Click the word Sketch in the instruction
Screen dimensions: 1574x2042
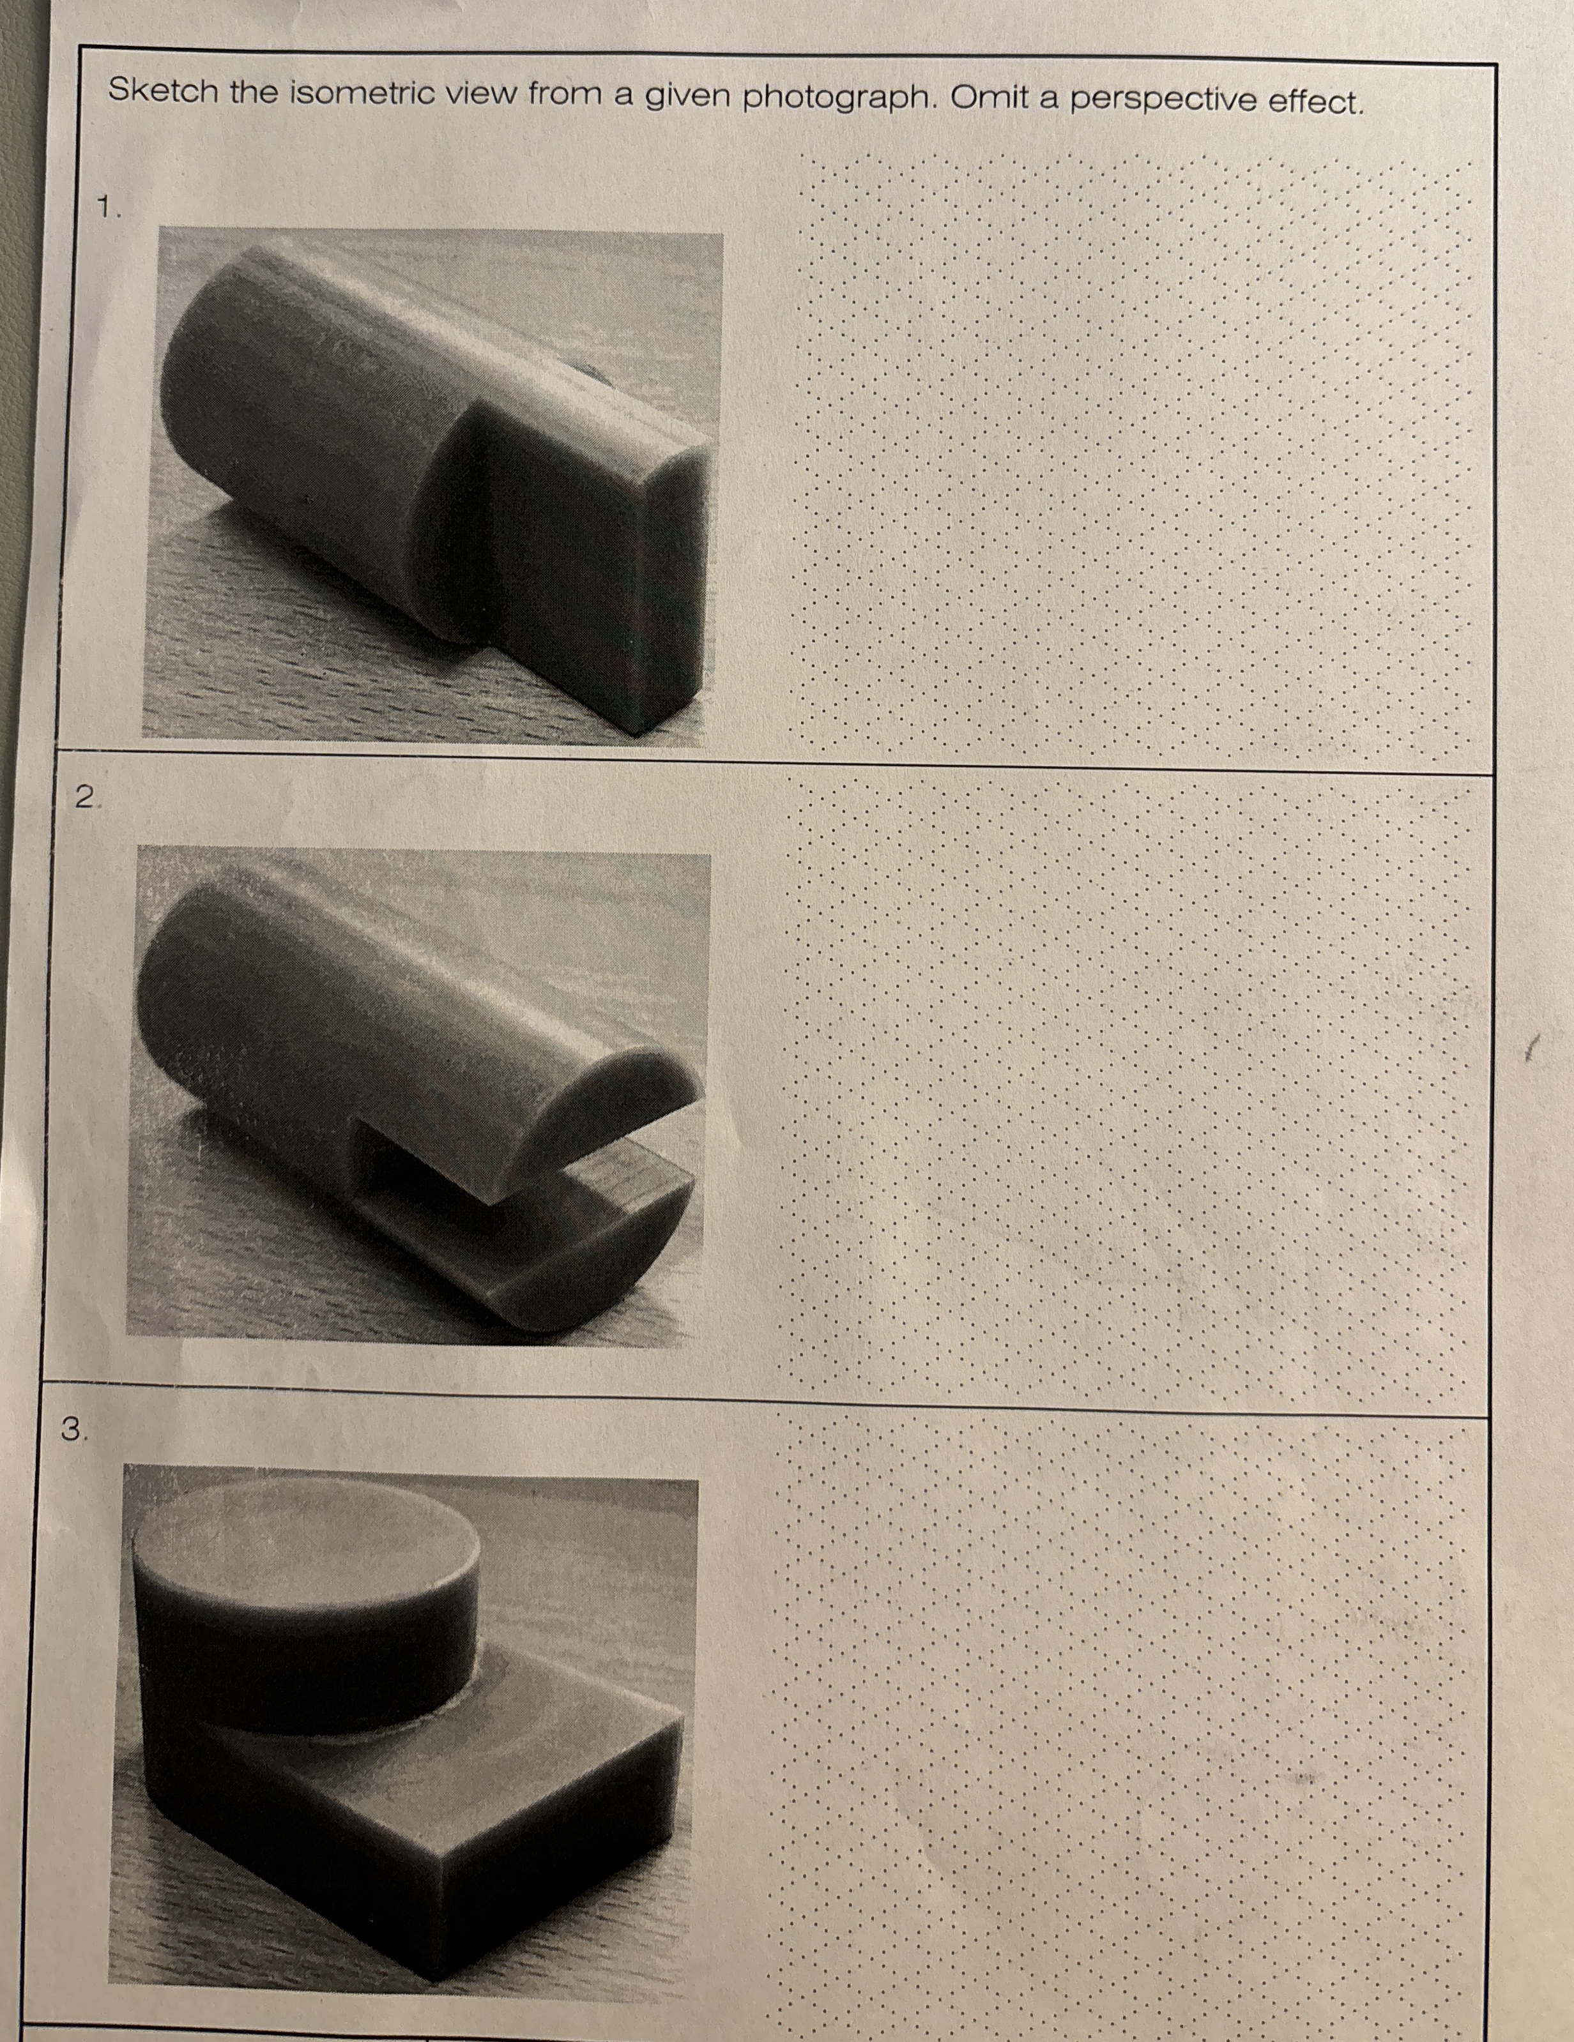163,91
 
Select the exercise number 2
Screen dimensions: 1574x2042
86,797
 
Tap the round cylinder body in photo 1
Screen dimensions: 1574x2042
309,421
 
